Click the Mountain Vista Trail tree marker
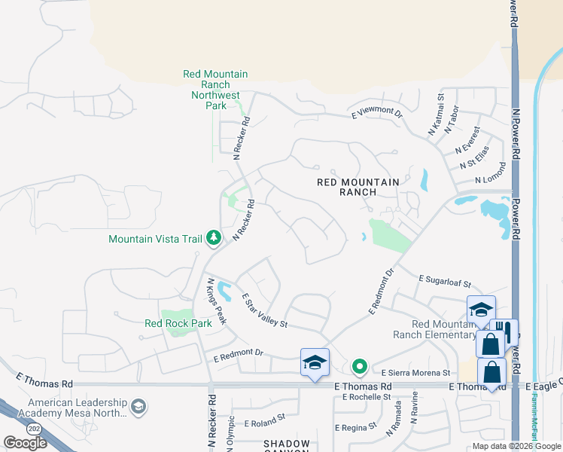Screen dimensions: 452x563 214,239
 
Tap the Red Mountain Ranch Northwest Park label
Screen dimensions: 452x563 215,90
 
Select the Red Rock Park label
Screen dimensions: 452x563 178,323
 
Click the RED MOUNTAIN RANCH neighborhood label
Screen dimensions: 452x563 358,187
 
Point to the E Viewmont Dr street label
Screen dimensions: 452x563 377,113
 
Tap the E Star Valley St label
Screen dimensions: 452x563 264,311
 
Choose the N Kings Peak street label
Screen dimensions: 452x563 216,301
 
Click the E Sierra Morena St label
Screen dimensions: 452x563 415,373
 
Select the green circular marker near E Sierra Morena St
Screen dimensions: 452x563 360,368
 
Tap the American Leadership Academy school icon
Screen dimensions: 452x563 138,408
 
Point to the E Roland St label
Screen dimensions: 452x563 259,416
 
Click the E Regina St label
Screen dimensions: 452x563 356,427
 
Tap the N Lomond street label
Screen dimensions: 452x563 490,179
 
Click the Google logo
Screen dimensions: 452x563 26,443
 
